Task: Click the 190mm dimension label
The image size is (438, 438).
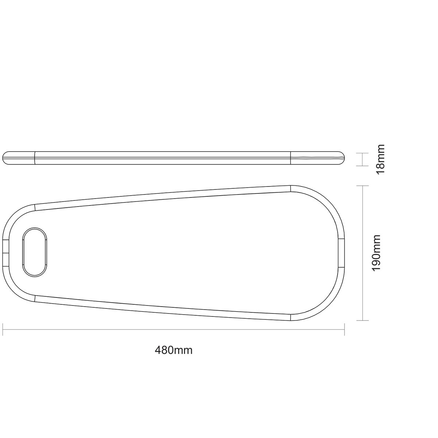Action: [x=376, y=253]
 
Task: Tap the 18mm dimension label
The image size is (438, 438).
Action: [x=381, y=159]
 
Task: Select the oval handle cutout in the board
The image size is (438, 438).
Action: [x=35, y=252]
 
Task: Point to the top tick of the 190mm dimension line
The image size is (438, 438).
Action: [x=362, y=185]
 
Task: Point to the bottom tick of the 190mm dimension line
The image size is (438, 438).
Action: [x=362, y=320]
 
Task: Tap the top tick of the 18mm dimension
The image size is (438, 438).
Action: [x=362, y=153]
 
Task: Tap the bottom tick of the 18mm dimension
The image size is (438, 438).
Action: [x=362, y=166]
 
